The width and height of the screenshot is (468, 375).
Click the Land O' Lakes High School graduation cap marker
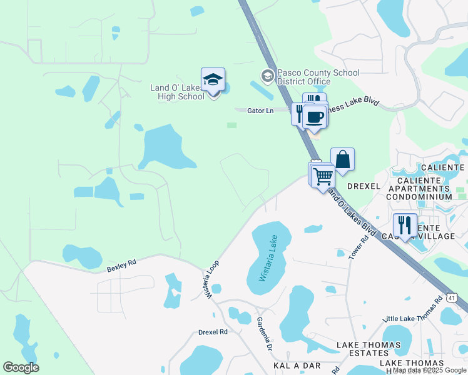(x=213, y=80)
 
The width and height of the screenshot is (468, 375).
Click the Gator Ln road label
(x=260, y=111)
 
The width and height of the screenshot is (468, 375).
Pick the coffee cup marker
(x=315, y=117)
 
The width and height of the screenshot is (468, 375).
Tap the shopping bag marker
(x=343, y=159)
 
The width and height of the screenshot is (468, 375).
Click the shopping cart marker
(x=323, y=176)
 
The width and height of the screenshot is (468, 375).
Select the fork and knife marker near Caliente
(x=405, y=225)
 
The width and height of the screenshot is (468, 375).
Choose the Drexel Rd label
(x=213, y=332)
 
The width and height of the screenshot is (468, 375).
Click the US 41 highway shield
(x=452, y=298)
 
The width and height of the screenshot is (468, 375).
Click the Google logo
(x=21, y=367)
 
